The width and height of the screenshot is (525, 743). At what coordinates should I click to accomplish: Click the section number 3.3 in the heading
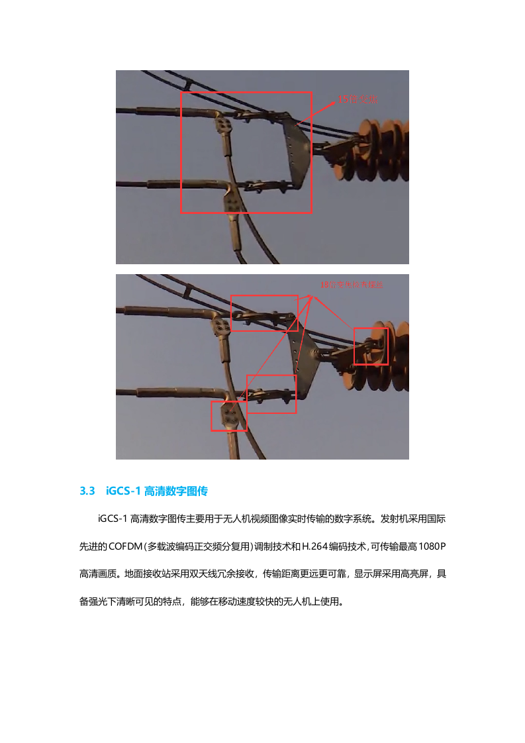click(88, 491)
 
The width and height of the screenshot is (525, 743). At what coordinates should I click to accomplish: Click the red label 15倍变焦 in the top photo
click(358, 99)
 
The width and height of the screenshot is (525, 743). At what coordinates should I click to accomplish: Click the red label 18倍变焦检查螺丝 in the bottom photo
click(352, 284)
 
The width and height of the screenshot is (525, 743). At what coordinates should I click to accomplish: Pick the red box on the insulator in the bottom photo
click(371, 346)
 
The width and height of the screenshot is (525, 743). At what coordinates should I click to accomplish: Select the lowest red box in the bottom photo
click(228, 416)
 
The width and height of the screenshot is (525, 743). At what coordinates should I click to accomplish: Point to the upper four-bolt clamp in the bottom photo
click(221, 325)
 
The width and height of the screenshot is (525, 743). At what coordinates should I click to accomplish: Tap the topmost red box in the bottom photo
click(264, 313)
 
